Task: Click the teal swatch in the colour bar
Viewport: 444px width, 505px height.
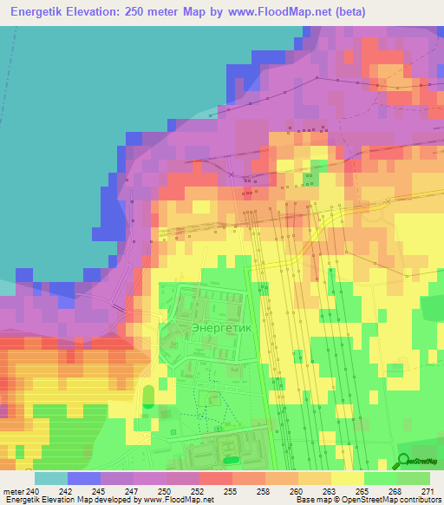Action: (x=50, y=478)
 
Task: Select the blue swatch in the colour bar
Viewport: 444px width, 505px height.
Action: (x=84, y=478)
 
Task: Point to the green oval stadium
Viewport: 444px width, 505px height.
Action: (x=148, y=397)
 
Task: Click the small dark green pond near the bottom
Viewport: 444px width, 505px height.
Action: (x=230, y=459)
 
